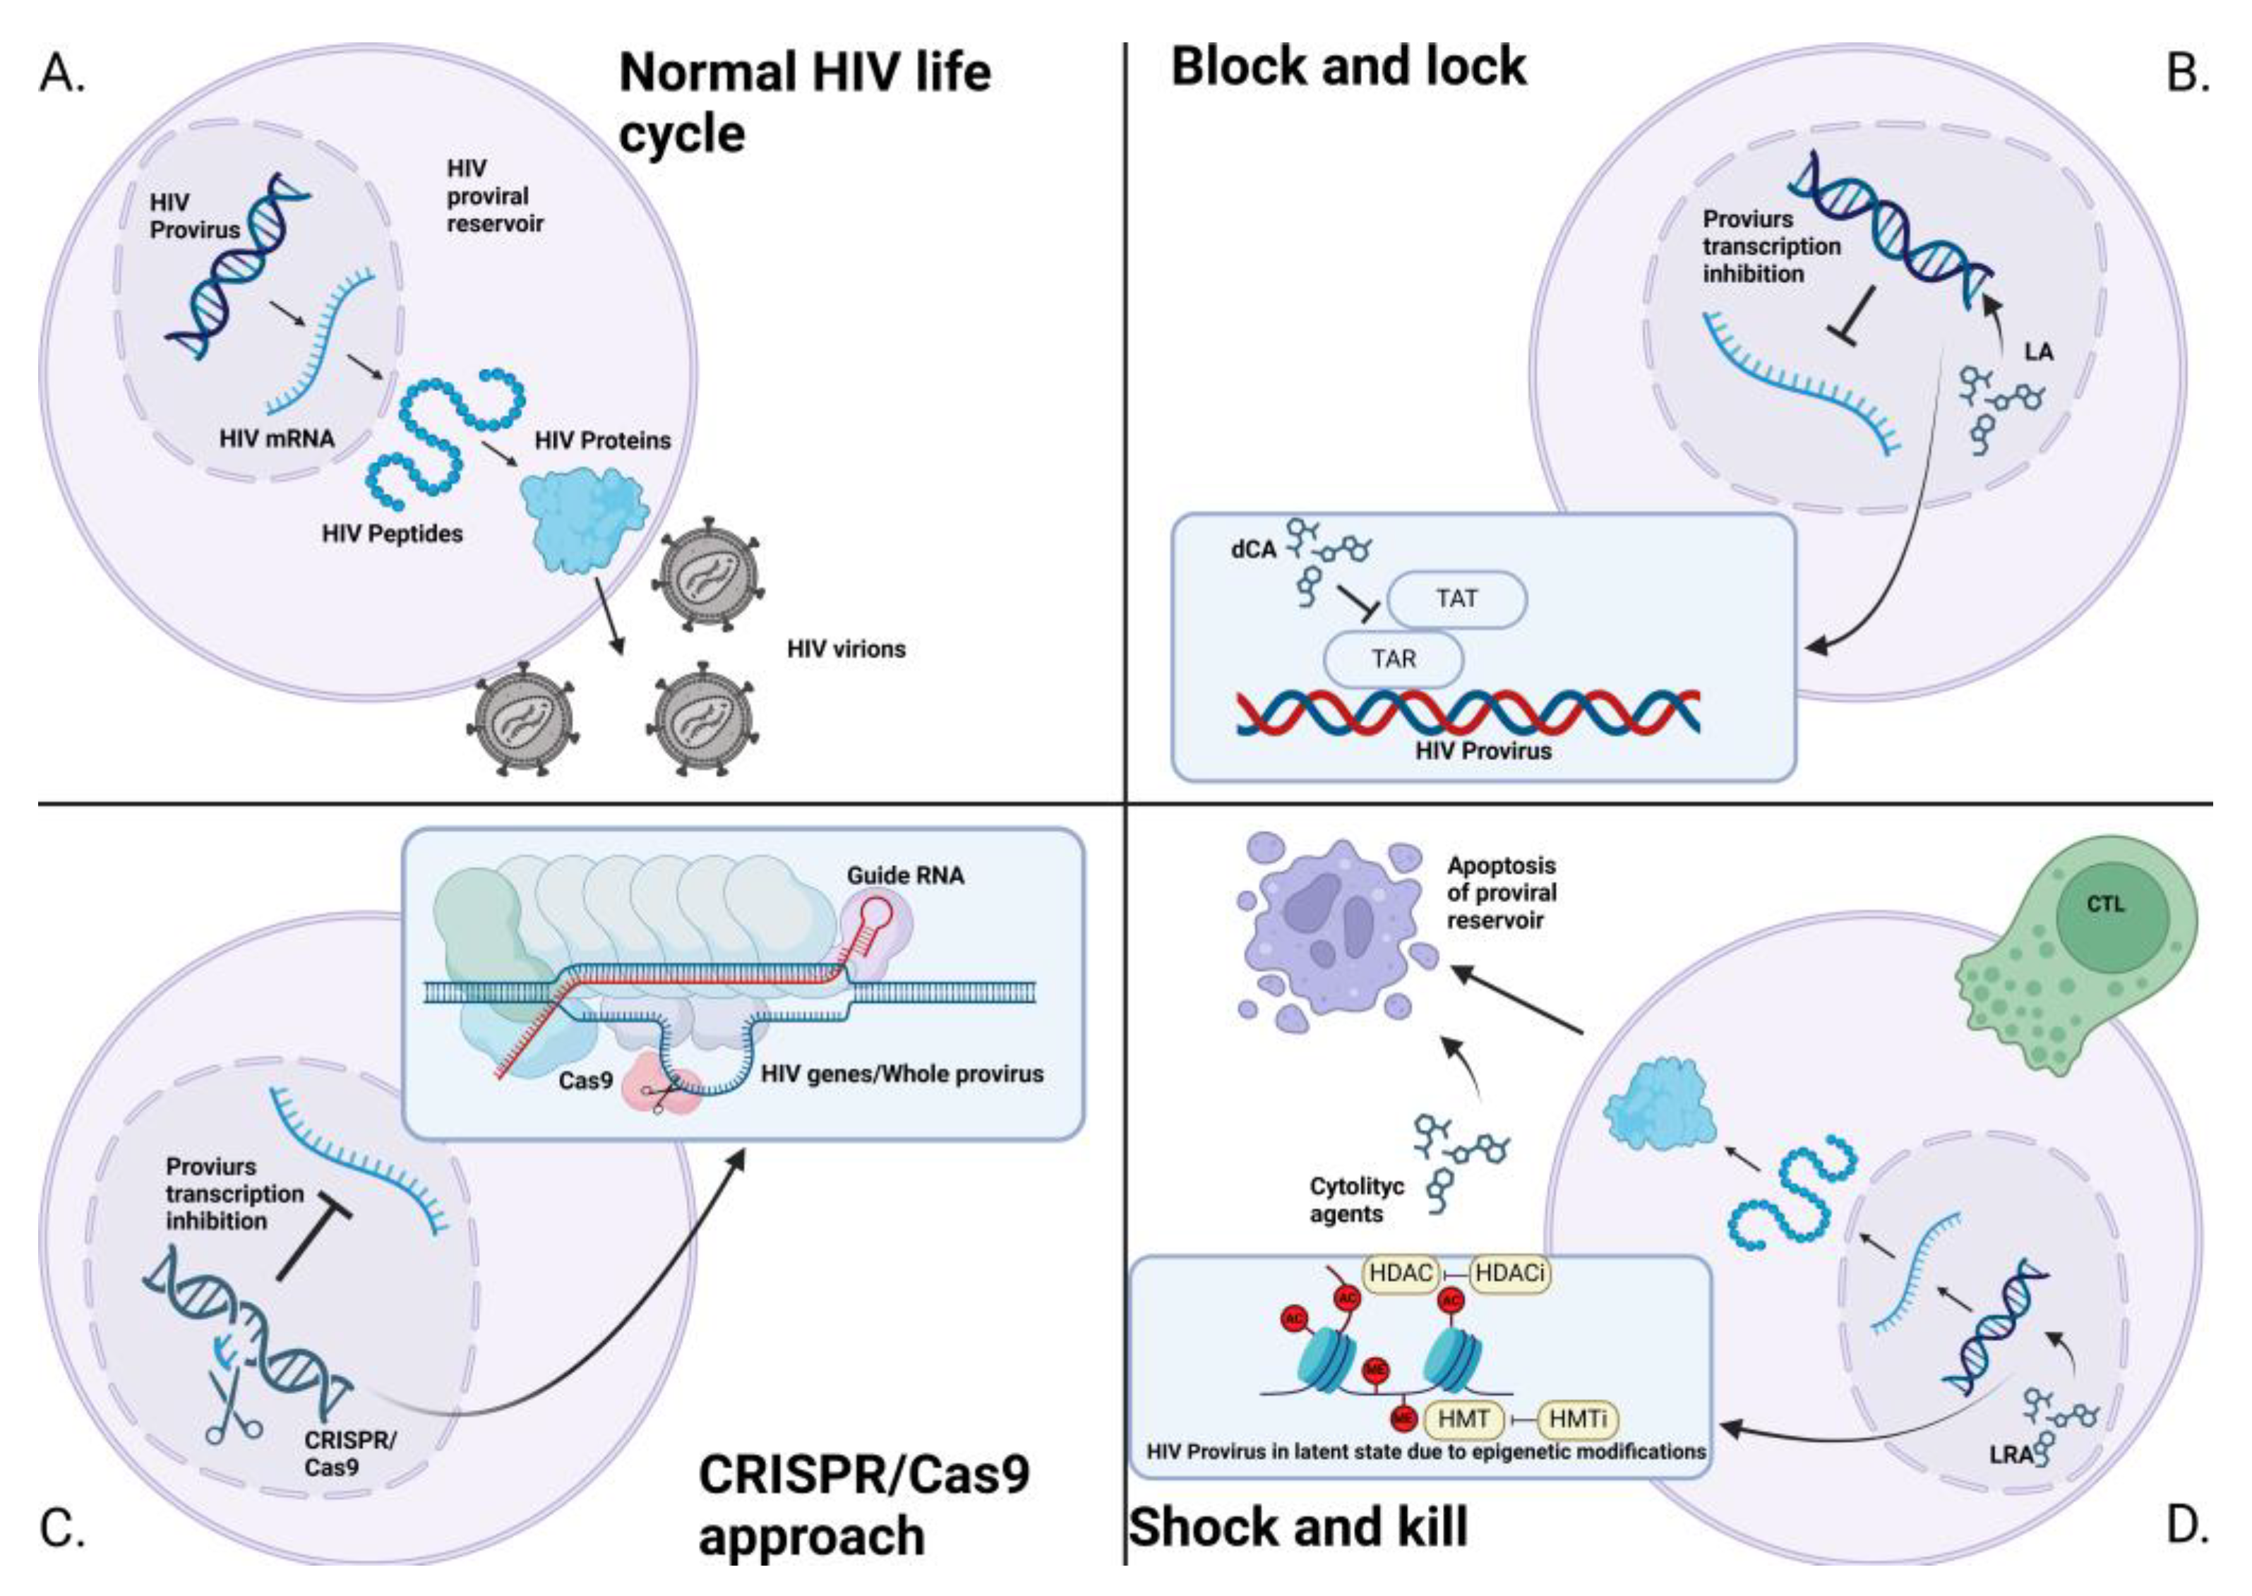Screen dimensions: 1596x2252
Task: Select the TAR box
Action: tap(1393, 659)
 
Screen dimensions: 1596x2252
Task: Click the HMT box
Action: tap(1463, 1419)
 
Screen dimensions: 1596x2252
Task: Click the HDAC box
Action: tap(1401, 1273)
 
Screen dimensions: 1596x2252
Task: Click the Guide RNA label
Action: tap(904, 875)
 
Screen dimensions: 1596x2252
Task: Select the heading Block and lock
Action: tap(1348, 67)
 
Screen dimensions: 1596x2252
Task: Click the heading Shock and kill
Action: tap(1298, 1528)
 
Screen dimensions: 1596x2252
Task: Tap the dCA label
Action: tap(1252, 549)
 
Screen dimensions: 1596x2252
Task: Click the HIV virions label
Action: tap(845, 649)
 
